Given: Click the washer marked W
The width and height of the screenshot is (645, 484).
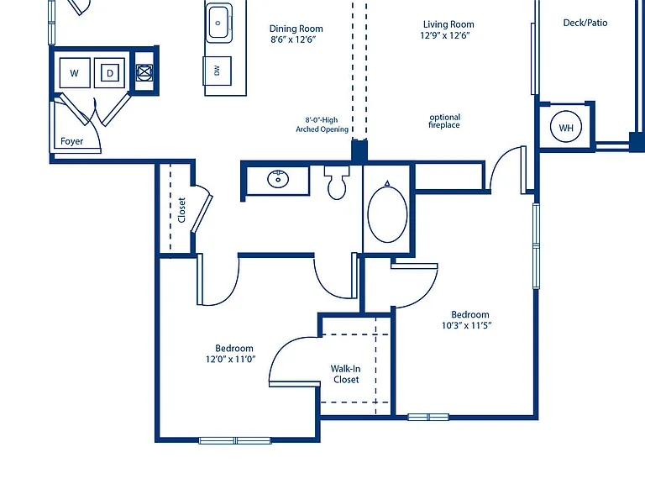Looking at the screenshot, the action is pyautogui.click(x=75, y=73).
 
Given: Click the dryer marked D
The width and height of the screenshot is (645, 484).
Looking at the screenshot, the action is pyautogui.click(x=109, y=73).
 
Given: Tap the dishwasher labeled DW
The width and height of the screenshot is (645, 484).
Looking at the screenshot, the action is pyautogui.click(x=218, y=71).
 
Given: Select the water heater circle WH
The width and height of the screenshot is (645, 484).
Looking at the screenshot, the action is pyautogui.click(x=566, y=127).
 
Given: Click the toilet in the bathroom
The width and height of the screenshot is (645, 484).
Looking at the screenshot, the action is pyautogui.click(x=337, y=182).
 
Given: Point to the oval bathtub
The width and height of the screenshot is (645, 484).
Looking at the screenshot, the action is pyautogui.click(x=387, y=214).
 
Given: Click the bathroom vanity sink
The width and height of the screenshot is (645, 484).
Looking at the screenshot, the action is pyautogui.click(x=278, y=179).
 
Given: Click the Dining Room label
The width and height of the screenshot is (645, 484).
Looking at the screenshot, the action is pyautogui.click(x=296, y=29).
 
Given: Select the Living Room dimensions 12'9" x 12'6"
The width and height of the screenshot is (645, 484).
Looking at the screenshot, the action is pyautogui.click(x=445, y=35).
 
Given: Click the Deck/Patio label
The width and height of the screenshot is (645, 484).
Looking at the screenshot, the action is pyautogui.click(x=585, y=23).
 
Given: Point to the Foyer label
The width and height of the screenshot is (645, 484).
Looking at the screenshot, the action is pyautogui.click(x=71, y=141).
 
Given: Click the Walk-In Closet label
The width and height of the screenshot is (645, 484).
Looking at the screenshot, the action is pyautogui.click(x=346, y=374).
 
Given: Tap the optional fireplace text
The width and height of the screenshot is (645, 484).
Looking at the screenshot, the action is pyautogui.click(x=444, y=121).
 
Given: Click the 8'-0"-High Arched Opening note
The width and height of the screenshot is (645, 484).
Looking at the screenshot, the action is pyautogui.click(x=322, y=124).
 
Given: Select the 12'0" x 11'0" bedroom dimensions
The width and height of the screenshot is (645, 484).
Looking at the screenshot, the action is pyautogui.click(x=231, y=360).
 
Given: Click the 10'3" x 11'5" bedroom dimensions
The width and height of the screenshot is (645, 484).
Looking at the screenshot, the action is pyautogui.click(x=467, y=325).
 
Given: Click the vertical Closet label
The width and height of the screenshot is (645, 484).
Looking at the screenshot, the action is pyautogui.click(x=181, y=210).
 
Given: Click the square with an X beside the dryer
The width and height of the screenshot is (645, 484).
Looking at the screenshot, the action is pyautogui.click(x=144, y=72).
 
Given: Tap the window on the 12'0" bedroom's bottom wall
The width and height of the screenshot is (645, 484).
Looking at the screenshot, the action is pyautogui.click(x=235, y=440).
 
